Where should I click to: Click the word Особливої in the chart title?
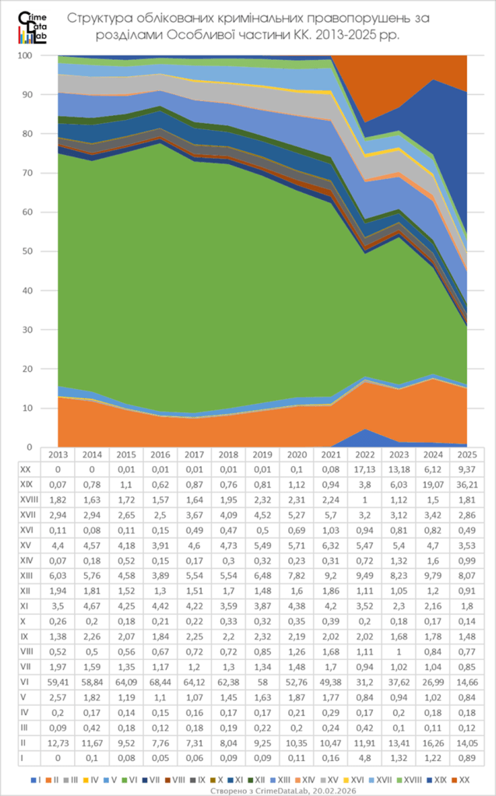click(196, 36)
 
